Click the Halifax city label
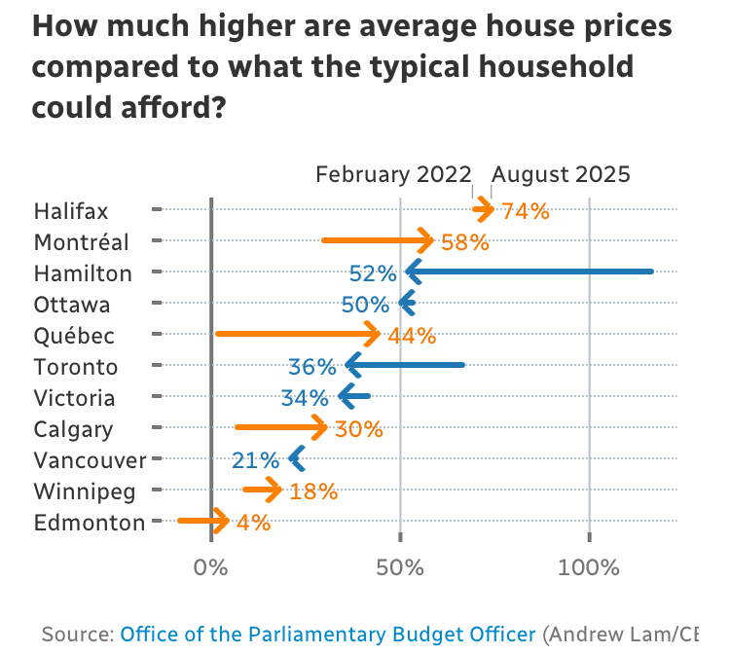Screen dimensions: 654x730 tap(71, 211)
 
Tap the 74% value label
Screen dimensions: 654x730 tap(526, 211)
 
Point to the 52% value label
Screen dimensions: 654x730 tap(375, 273)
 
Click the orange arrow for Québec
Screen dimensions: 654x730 tap(298, 334)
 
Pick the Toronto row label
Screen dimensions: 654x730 tap(75, 367)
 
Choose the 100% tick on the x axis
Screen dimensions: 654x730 tap(589, 566)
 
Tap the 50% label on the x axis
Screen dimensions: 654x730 tap(400, 566)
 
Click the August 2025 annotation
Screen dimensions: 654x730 tap(561, 174)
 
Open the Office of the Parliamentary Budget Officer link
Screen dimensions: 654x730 tap(328, 635)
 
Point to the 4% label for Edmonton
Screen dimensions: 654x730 tap(253, 523)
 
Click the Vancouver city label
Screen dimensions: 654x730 tap(90, 460)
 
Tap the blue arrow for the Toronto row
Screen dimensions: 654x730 tap(405, 365)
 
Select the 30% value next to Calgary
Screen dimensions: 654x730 tap(359, 429)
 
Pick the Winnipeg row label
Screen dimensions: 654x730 tap(85, 491)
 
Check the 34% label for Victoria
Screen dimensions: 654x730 tap(306, 398)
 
